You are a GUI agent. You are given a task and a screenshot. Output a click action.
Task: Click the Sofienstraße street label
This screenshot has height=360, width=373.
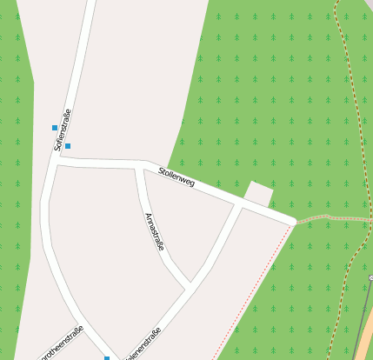coord(62,130)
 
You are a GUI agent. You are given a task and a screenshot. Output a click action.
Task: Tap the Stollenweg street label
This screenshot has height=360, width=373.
coord(177,177)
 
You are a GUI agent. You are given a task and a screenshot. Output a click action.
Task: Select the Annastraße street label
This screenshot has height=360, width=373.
coord(154,231)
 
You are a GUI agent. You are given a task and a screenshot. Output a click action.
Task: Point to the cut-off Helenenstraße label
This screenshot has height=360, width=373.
coord(144,344)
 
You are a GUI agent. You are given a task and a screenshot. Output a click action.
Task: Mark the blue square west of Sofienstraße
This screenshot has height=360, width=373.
coord(55,128)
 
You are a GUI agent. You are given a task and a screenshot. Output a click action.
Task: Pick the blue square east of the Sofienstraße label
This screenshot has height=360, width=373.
coord(68,146)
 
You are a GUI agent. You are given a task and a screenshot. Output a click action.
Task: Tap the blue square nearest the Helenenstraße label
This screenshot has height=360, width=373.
coord(108,357)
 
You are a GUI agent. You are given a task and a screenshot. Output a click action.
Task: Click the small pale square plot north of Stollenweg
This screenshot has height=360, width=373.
coord(258,194)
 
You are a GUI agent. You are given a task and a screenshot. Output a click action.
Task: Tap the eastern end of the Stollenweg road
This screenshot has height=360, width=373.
coord(293,223)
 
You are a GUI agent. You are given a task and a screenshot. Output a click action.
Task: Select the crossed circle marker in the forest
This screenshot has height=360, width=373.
coord(370,277)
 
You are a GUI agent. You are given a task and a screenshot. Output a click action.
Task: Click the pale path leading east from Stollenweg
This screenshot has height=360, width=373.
coord(326,217)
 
